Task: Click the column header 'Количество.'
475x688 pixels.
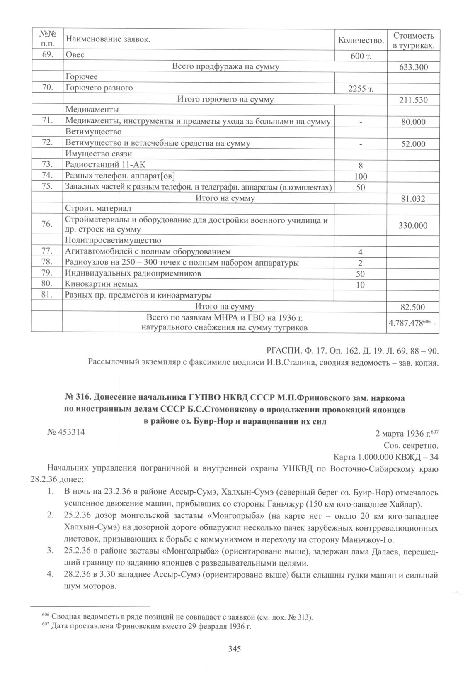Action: coord(360,40)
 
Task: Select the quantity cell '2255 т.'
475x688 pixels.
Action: coord(360,89)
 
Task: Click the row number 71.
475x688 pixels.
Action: coord(46,120)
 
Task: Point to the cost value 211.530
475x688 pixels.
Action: coord(413,100)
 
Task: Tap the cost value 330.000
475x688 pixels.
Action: coord(413,226)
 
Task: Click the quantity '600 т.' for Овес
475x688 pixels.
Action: coord(360,56)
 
